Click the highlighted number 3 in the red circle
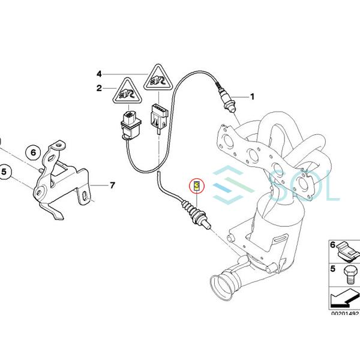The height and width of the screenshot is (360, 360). point(197,186)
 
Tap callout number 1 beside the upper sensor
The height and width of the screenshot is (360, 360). point(253,97)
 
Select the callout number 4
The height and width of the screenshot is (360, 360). point(99,74)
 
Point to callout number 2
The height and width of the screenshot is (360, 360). point(99,88)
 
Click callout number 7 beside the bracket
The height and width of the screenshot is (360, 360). point(112,185)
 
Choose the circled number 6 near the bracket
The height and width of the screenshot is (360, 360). point(33,152)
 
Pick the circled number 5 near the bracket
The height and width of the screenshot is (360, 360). point(4,172)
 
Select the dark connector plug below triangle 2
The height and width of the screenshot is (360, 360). point(131,125)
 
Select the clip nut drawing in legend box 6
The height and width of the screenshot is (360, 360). point(348,252)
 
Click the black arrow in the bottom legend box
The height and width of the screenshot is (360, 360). point(344,299)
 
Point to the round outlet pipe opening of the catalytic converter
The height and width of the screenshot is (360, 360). point(221,287)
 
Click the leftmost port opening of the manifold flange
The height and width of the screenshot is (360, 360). point(228,140)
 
